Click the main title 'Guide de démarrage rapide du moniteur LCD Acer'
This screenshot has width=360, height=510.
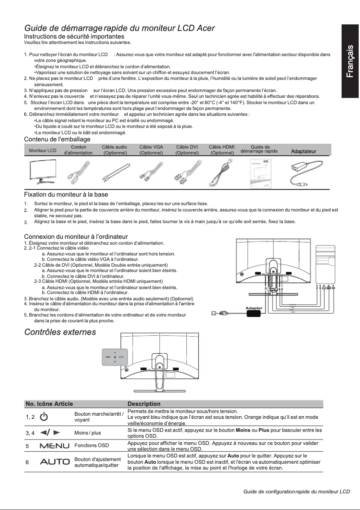119,28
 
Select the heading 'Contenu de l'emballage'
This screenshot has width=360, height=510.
57,139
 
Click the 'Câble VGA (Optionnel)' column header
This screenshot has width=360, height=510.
151,150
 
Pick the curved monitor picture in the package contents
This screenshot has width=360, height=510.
43,173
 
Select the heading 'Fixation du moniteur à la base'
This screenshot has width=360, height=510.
66,195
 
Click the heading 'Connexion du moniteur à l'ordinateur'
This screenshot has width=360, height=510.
76,237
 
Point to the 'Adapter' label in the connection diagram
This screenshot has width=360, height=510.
254,308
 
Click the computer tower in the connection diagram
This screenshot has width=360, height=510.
325,265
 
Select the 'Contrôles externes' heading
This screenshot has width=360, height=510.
60,332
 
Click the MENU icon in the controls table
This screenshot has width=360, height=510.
54,446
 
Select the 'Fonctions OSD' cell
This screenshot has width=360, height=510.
92,446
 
